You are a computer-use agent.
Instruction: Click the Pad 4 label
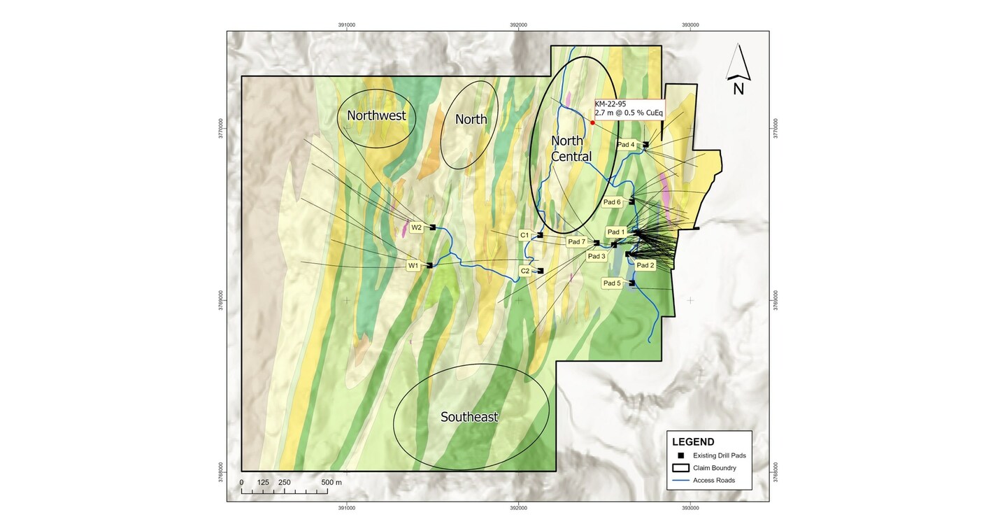tap(626, 145)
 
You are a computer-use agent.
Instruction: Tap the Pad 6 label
tap(612, 202)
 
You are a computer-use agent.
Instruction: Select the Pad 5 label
tap(612, 283)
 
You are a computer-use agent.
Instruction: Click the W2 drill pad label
tap(416, 227)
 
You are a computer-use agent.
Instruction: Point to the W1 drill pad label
tap(413, 266)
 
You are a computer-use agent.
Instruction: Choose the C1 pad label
tap(524, 235)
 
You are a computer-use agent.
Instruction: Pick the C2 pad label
tap(525, 271)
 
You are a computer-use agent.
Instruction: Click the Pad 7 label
tap(576, 242)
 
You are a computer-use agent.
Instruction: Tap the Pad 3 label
tap(596, 256)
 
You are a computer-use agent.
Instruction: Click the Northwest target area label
tap(376, 116)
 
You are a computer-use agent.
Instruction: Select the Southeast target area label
tap(469, 418)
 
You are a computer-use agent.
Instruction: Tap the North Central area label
tap(571, 148)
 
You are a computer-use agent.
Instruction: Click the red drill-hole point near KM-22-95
tap(592, 122)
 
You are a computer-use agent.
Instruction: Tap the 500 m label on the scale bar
tap(331, 483)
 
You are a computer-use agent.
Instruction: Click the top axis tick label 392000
tap(518, 25)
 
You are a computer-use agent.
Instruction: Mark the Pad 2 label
tap(645, 265)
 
